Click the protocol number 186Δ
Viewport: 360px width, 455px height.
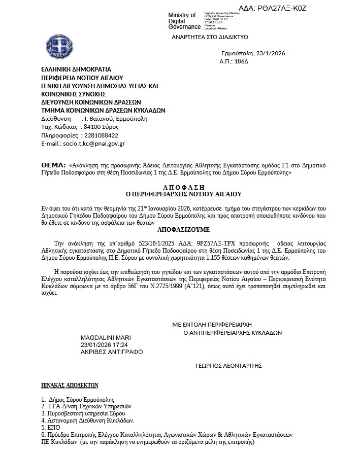pyautogui.click(x=241, y=61)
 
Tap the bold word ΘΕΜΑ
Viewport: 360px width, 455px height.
pyautogui.click(x=53, y=165)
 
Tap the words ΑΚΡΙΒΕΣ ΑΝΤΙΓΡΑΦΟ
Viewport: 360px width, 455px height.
pyautogui.click(x=112, y=352)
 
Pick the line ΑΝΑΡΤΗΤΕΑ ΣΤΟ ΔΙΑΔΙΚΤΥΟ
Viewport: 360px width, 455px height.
pyautogui.click(x=209, y=38)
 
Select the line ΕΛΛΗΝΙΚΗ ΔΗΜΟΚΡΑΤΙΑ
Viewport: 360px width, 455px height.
pyautogui.click(x=76, y=69)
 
